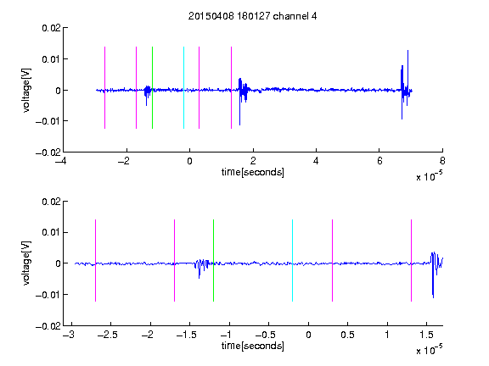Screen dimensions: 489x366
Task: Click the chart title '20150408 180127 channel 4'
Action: (x=252, y=16)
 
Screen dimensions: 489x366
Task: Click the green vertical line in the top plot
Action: (x=152, y=87)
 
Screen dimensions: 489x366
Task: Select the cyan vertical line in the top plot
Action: (x=183, y=87)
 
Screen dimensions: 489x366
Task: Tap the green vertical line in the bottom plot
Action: (x=213, y=260)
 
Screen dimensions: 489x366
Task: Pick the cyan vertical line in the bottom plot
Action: (x=292, y=260)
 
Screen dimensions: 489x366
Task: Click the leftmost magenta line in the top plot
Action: (x=104, y=87)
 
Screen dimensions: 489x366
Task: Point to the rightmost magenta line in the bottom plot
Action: (x=411, y=260)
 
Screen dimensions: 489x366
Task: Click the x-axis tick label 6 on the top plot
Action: (x=379, y=161)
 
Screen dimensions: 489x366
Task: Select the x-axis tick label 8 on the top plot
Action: (x=442, y=161)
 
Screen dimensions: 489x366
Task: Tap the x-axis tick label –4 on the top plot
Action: (x=61, y=161)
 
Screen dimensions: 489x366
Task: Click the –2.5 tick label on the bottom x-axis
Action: (x=107, y=335)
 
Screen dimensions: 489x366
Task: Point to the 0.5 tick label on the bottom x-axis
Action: (x=347, y=335)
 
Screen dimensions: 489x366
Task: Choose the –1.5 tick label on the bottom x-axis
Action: (x=186, y=335)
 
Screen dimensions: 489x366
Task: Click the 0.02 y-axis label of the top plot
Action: (x=51, y=28)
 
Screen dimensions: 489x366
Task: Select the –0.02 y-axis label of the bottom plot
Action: (x=48, y=326)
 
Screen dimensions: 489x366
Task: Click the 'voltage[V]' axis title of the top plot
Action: (x=26, y=91)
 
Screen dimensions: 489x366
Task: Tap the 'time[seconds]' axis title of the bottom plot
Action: (x=253, y=346)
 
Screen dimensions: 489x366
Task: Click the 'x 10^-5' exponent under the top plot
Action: (x=429, y=176)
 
